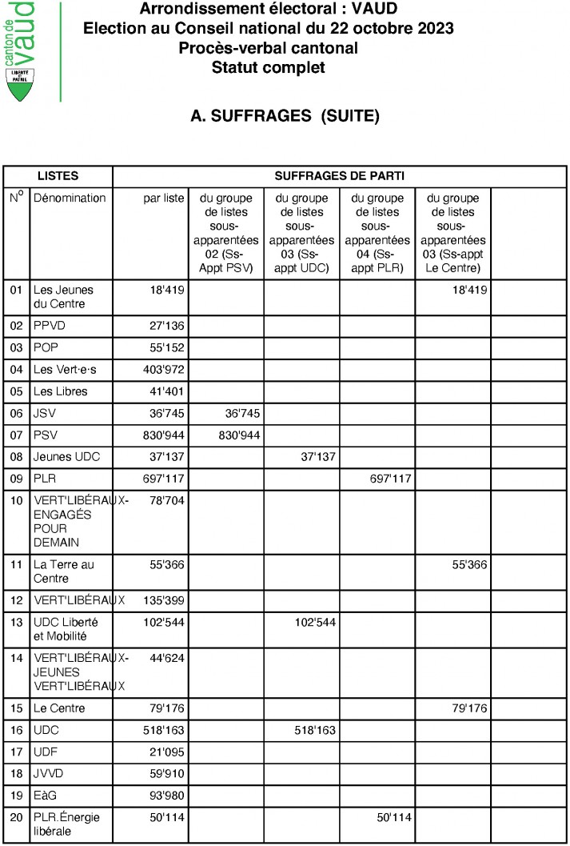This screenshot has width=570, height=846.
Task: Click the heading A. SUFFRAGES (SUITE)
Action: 285,117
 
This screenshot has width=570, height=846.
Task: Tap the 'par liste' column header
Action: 164,198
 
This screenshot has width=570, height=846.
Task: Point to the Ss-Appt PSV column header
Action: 228,233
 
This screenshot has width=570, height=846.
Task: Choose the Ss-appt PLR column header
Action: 377,233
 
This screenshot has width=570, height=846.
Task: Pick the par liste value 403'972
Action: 164,370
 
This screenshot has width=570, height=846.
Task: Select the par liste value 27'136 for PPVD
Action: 167,327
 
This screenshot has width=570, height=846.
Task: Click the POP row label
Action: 46,348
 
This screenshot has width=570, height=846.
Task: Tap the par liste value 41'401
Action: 167,391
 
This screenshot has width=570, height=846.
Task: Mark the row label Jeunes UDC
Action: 66,457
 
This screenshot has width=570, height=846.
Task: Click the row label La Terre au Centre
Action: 63,571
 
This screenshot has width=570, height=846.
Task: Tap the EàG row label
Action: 45,796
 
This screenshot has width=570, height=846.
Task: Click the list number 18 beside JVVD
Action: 16,775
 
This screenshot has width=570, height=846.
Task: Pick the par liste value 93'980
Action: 167,796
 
